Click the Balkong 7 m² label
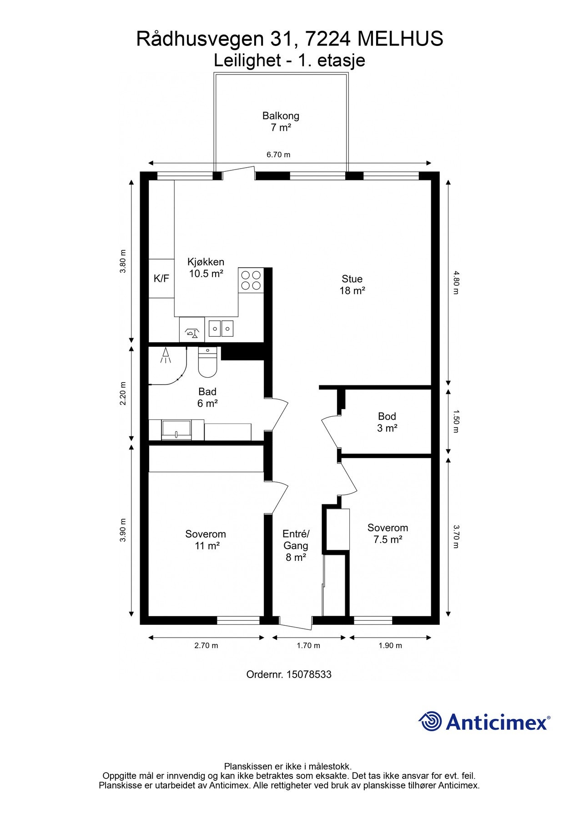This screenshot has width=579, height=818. tap(281, 122)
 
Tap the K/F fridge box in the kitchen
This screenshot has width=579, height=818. tap(161, 279)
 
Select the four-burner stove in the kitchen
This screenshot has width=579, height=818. tap(251, 280)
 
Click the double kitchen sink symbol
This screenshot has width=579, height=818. tap(221, 328)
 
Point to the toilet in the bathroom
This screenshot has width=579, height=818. tap(207, 363)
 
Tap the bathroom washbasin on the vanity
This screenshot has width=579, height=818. tap(176, 429)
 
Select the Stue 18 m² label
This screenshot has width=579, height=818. tap(352, 285)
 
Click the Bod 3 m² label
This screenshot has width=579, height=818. tap(387, 422)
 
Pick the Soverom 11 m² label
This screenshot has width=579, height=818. tap(206, 540)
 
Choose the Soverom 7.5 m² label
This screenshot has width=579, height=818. tap(388, 534)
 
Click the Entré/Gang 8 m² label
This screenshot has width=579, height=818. tap(296, 545)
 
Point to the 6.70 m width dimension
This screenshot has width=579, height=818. tap(278, 155)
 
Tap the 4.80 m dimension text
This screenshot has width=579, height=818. tap(456, 282)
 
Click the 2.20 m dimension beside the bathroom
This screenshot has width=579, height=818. tap(123, 394)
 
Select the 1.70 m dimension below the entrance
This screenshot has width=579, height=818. tap(308, 646)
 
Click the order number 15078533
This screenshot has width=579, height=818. tap(289, 674)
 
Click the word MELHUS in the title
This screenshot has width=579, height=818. tap(400, 40)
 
